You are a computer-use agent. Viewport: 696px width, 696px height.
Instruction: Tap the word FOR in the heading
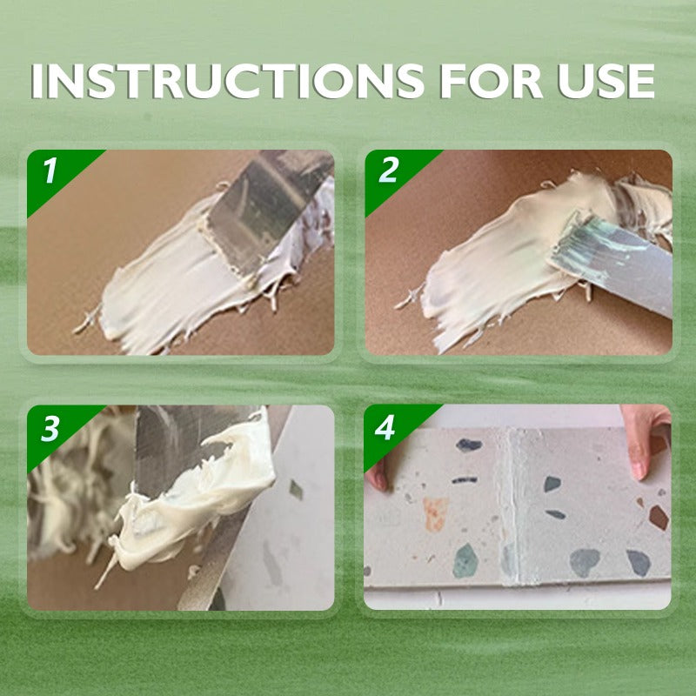coord(492,81)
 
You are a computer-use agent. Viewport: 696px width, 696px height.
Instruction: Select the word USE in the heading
coord(606,81)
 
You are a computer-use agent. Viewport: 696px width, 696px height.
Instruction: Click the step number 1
coord(50,170)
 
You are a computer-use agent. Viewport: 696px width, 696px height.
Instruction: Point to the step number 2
coord(388,170)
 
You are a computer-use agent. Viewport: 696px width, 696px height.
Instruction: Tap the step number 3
coord(50,428)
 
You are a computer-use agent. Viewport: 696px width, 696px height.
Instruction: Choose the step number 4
coord(385,427)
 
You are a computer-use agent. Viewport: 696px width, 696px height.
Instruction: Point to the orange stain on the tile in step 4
coord(434,513)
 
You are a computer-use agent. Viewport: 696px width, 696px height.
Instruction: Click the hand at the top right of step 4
coord(646,438)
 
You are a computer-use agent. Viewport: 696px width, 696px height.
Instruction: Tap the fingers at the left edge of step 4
coord(378,475)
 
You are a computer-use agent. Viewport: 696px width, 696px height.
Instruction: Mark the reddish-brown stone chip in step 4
coord(659,518)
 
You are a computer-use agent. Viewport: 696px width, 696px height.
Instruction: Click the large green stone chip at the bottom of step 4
coord(465,561)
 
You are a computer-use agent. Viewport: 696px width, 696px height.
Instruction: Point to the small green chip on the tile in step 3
coord(296,489)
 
